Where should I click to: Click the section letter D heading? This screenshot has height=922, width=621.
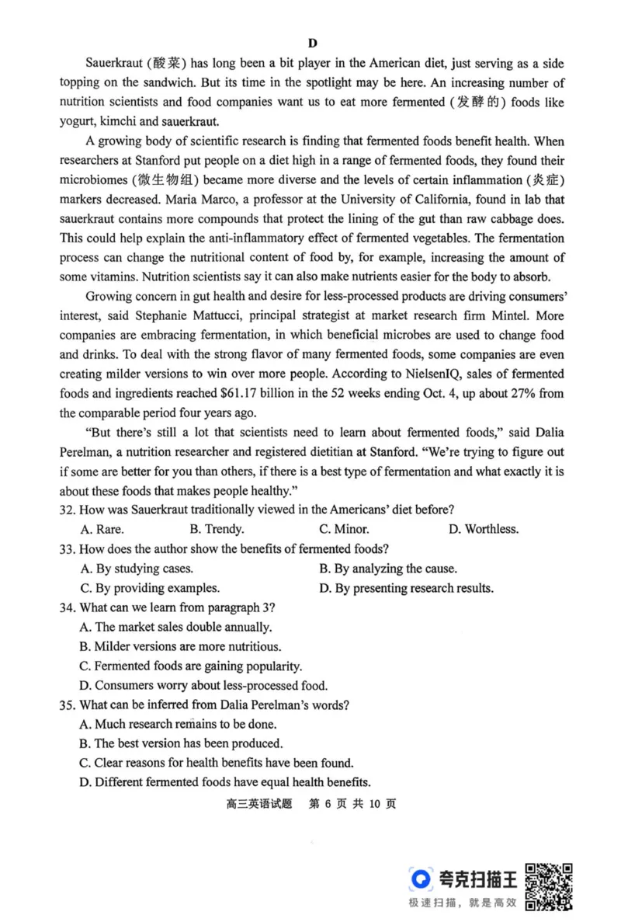[312, 43]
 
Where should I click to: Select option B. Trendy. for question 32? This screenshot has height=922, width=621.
[217, 530]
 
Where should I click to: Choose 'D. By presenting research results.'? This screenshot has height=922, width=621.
[406, 588]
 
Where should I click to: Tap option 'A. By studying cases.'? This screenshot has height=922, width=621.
[136, 569]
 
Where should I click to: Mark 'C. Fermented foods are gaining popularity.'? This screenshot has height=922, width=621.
[191, 666]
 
